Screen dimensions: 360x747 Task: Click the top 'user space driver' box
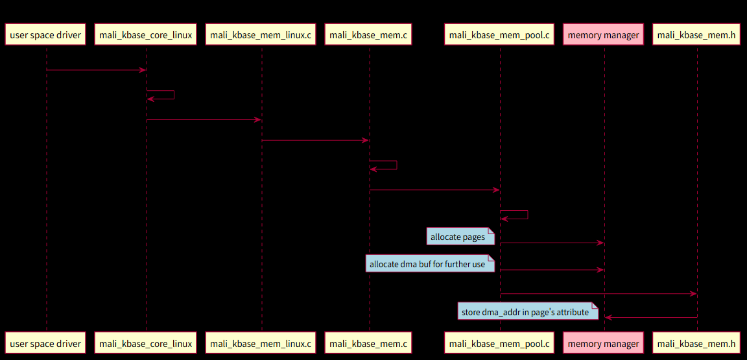pyautogui.click(x=46, y=35)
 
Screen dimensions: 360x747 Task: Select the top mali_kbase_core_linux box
pyautogui.click(x=146, y=35)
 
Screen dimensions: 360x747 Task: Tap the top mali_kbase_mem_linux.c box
pyautogui.click(x=261, y=35)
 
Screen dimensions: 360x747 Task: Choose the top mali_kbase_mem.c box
pyautogui.click(x=368, y=35)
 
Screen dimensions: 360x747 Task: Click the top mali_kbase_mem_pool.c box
pyautogui.click(x=499, y=35)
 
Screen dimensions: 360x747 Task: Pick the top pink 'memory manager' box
pyautogui.click(x=604, y=35)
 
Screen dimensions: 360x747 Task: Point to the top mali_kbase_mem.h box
pyautogui.click(x=696, y=35)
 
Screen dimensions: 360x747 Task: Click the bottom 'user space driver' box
pyautogui.click(x=46, y=344)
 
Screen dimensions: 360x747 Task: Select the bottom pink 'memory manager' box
pyautogui.click(x=604, y=344)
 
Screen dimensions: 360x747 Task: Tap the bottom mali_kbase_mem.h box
pyautogui.click(x=696, y=344)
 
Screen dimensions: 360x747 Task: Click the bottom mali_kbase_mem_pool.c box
pyautogui.click(x=499, y=344)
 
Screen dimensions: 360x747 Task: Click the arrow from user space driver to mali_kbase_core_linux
pyautogui.click(x=96, y=69)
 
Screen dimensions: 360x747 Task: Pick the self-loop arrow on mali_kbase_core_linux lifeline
pyautogui.click(x=174, y=95)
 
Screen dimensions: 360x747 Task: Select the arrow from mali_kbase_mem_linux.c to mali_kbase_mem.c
pyautogui.click(x=315, y=140)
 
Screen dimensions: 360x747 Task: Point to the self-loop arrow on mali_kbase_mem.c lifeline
pyautogui.click(x=396, y=165)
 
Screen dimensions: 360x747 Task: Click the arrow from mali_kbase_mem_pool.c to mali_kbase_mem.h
pyautogui.click(x=598, y=294)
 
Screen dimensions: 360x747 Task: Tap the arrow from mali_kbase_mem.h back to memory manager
pyautogui.click(x=651, y=318)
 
